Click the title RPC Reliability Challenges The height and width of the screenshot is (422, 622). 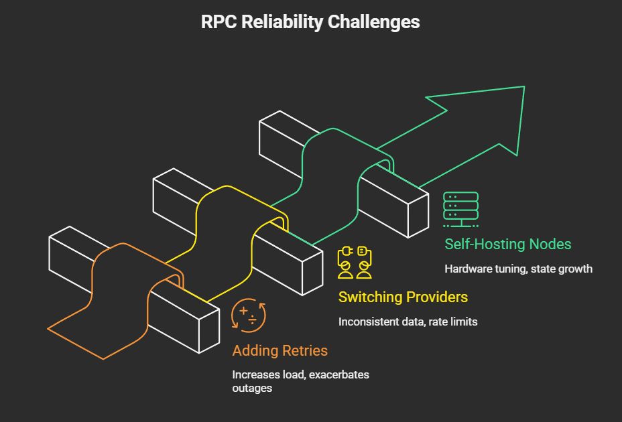point(310,21)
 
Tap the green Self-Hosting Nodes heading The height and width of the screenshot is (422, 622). point(507,244)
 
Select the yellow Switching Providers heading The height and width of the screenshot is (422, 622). point(403,297)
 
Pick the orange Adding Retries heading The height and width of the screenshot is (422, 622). point(279,350)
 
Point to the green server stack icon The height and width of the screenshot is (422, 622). point(460,208)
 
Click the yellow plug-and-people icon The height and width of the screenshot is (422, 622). point(355,262)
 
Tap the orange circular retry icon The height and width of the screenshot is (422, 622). point(248,315)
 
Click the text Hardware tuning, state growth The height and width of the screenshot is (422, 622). point(518,269)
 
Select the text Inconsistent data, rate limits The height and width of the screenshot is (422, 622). point(408,322)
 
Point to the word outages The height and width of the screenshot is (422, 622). point(252,388)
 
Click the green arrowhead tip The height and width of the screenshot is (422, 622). point(522,88)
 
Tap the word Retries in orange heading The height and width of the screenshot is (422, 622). point(303,350)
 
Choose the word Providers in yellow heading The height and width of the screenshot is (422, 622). point(435,297)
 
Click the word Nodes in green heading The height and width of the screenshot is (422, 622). point(551,244)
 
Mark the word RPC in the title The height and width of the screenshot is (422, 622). point(219,21)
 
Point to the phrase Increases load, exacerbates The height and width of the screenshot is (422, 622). point(300,374)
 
